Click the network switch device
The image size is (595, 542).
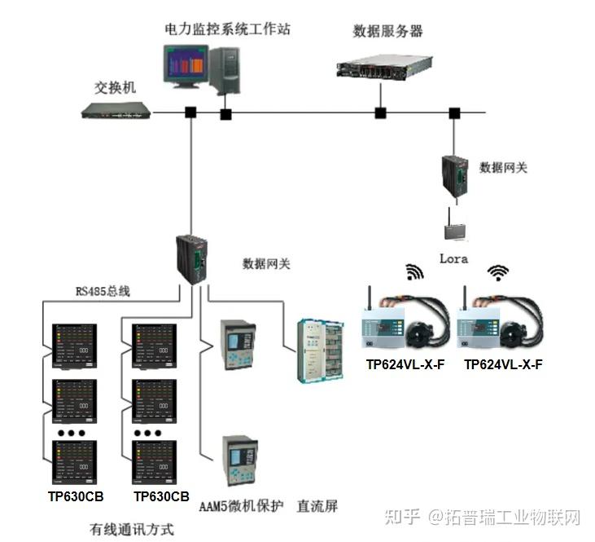(x=116, y=110)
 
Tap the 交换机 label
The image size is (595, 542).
(x=115, y=88)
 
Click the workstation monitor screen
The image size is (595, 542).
(x=186, y=66)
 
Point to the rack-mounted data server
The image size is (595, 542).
(x=384, y=68)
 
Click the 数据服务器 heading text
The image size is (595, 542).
(x=387, y=31)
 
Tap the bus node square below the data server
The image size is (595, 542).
(x=380, y=113)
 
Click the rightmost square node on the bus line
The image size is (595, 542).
(x=454, y=113)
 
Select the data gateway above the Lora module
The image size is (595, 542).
(x=455, y=175)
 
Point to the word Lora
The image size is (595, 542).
(x=453, y=259)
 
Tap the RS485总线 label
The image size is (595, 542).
(x=103, y=291)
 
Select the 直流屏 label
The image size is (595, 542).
(x=317, y=506)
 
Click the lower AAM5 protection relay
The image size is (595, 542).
(x=240, y=460)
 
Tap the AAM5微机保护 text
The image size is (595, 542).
(x=242, y=506)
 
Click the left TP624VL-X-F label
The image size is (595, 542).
(x=405, y=364)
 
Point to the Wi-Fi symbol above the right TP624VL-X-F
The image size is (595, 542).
(x=498, y=272)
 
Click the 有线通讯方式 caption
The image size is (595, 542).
(x=132, y=529)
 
